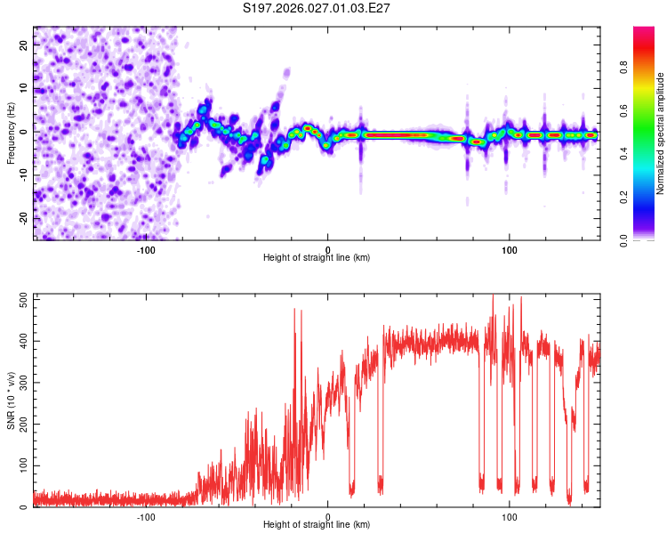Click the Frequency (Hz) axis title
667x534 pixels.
[x=11, y=133]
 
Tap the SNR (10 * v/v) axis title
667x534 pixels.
[x=11, y=400]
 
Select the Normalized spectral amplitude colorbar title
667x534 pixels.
[x=661, y=134]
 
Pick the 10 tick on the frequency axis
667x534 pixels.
[x=23, y=87]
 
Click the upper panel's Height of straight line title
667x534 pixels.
[x=317, y=258]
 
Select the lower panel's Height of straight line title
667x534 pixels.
[x=317, y=525]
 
